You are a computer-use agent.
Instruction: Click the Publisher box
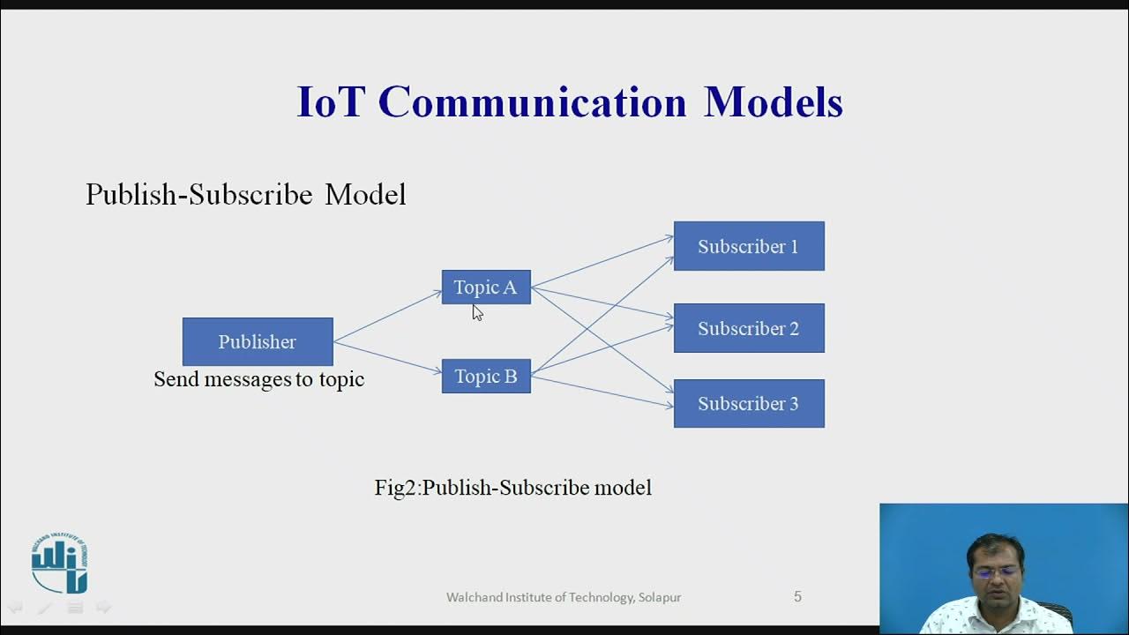(x=258, y=341)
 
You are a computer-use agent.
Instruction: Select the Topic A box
(x=486, y=288)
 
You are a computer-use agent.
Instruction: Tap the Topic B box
(x=486, y=377)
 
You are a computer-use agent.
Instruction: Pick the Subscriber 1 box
(x=749, y=246)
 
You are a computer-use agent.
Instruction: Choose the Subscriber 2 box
(x=749, y=328)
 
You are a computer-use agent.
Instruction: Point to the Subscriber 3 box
(x=749, y=404)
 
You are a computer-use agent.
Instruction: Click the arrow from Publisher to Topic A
(x=388, y=316)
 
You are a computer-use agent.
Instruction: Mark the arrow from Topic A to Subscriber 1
(x=602, y=262)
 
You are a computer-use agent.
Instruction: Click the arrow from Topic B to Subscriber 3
(x=602, y=392)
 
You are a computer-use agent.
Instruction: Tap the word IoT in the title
(x=331, y=102)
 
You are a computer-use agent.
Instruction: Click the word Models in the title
(x=773, y=102)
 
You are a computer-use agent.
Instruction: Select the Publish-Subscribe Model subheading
(x=245, y=195)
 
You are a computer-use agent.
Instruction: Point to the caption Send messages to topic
(x=258, y=379)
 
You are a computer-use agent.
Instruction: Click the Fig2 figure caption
(x=512, y=487)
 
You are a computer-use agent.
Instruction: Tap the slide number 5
(x=797, y=597)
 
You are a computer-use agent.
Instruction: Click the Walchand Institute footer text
(x=563, y=597)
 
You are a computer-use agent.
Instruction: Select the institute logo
(x=60, y=563)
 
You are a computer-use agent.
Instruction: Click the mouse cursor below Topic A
(x=476, y=312)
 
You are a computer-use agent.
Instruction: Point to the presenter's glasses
(x=996, y=571)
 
